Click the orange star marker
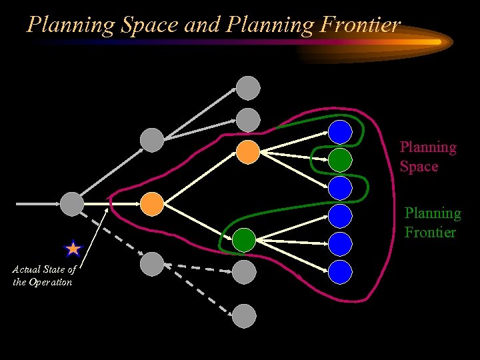pos(73,249)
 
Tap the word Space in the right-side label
pos(419,166)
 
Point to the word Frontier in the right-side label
pos(430,232)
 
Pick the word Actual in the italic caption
pos(25,269)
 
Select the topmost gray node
pos(249,87)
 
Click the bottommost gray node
pos(245,315)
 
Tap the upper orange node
pos(248,152)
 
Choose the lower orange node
pos(152,203)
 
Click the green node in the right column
pos(340,159)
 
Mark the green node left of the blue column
pos(244,239)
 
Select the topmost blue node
pos(340,131)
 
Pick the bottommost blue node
pos(340,271)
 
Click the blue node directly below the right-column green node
pos(340,188)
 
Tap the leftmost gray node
pos(72,203)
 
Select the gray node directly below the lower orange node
pos(152,263)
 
